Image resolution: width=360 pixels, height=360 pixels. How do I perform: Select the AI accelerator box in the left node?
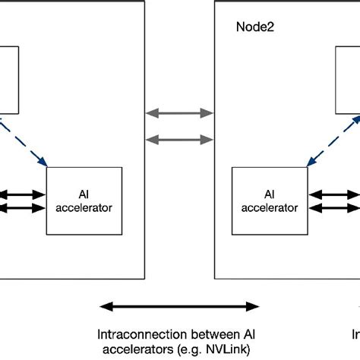(x=84, y=201)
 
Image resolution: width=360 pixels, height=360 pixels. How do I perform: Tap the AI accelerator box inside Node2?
(x=270, y=201)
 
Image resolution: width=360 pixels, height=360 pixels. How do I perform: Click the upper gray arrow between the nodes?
(x=179, y=113)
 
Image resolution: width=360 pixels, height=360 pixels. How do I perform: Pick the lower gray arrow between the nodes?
(x=179, y=139)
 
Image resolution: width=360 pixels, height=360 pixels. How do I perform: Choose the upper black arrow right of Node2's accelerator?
(x=334, y=193)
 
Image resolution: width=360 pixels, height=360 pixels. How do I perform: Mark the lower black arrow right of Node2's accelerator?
(x=334, y=207)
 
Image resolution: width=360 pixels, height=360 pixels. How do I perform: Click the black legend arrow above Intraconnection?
(x=179, y=306)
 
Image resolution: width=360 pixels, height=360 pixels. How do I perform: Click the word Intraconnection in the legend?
(x=133, y=333)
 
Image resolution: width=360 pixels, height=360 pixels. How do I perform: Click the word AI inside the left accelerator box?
(x=84, y=194)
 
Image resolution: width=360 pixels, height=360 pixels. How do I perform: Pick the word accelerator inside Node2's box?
(x=270, y=207)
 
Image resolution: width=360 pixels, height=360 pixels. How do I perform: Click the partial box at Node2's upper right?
(x=349, y=76)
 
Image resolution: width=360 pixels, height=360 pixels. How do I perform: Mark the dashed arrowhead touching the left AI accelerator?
(x=45, y=162)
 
